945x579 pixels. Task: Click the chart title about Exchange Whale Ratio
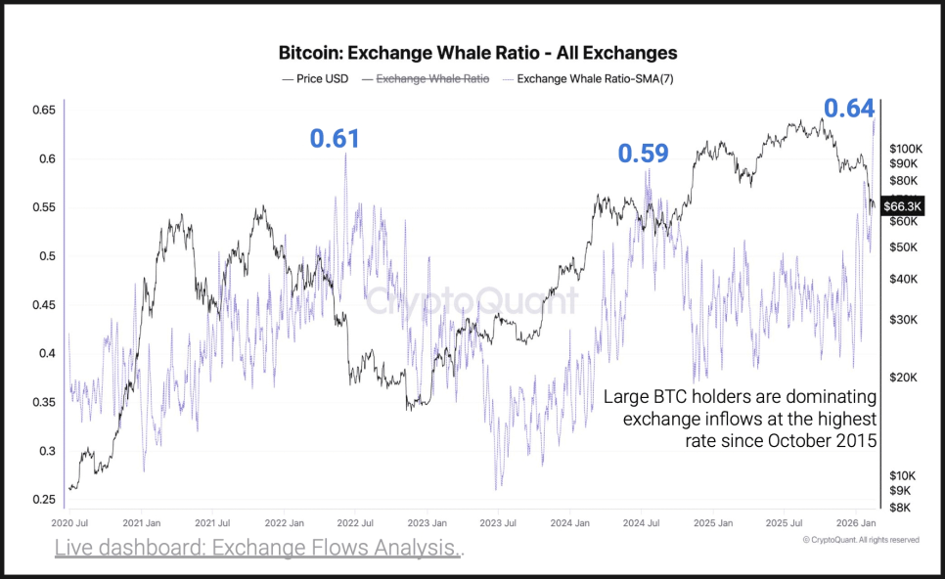(477, 53)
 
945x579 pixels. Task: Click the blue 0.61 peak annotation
(335, 139)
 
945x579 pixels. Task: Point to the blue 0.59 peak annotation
(643, 154)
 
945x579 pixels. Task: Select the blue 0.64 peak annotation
(848, 109)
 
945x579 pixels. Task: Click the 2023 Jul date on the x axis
(498, 524)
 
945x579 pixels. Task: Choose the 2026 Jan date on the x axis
(855, 524)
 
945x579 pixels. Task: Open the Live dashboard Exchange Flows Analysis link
(256, 549)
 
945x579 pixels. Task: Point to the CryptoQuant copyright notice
(861, 539)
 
